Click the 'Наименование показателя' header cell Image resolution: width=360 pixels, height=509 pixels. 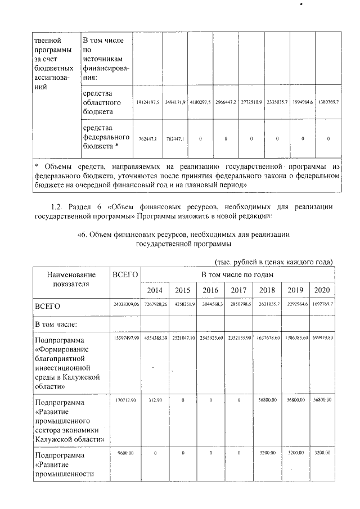(71, 280)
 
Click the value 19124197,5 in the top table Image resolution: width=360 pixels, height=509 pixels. (148, 102)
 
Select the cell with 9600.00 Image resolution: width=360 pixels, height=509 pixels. (125, 452)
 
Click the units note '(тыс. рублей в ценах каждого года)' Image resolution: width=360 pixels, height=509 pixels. (274, 262)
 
